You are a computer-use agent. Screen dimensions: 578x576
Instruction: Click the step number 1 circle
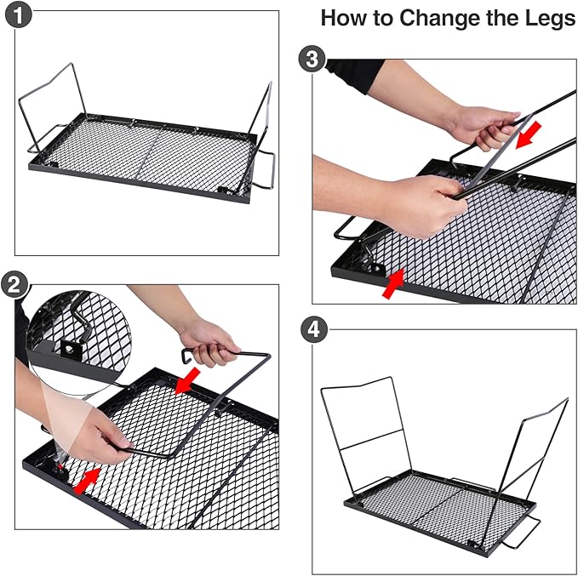19,15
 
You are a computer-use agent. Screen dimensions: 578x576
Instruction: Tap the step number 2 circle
14,284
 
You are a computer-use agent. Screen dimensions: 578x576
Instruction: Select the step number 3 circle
312,60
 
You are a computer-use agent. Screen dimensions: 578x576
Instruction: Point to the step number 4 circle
314,329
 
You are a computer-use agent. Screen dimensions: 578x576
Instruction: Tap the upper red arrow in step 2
187,380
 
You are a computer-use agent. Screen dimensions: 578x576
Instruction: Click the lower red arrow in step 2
87,481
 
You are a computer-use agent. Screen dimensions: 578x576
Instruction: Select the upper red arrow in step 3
528,135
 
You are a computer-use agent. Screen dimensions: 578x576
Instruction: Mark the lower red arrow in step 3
393,283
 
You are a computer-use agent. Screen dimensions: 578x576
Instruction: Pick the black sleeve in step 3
356,75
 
